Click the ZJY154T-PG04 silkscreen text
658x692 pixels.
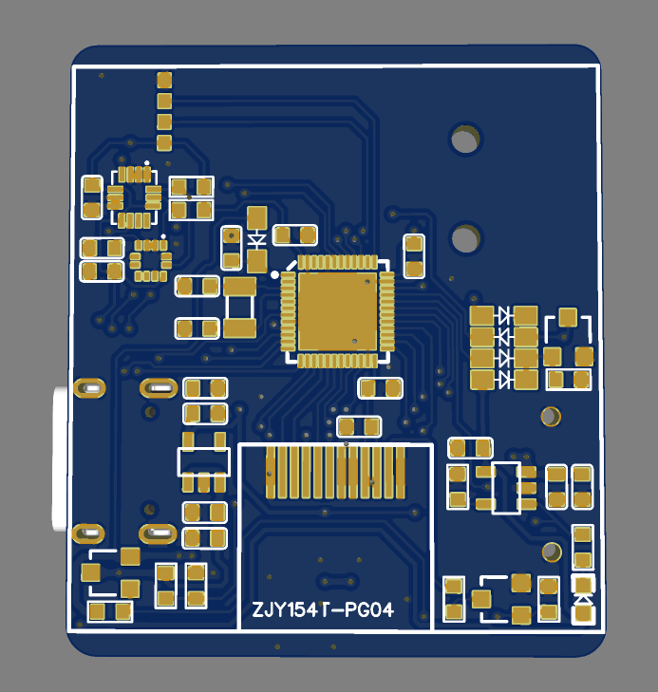point(323,610)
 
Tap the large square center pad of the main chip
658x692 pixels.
point(336,309)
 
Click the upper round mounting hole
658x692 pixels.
point(464,140)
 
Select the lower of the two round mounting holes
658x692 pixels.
point(464,237)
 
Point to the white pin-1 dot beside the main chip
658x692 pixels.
point(274,274)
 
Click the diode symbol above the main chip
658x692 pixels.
point(257,239)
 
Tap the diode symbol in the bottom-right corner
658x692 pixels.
point(583,599)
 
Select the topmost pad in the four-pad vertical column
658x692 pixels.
point(164,79)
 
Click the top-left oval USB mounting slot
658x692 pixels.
point(91,387)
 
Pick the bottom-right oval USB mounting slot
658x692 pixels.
point(158,533)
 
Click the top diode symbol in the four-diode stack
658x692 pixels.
point(504,315)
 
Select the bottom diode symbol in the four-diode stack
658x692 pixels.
point(504,379)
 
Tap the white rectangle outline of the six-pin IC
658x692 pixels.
point(506,488)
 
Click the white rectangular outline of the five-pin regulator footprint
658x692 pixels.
point(204,461)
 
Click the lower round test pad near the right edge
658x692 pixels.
point(551,552)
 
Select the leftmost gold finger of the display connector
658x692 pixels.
point(271,472)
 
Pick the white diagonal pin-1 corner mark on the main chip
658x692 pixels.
point(291,261)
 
